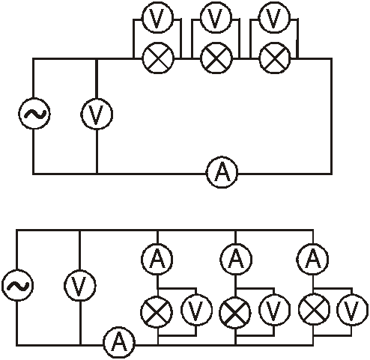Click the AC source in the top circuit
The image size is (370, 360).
pos(34,114)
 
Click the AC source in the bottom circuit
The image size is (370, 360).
pos(17,285)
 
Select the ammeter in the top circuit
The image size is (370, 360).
pos(222,173)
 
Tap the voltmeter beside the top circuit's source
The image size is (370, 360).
pos(97,114)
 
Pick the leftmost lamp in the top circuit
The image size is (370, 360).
pos(157,58)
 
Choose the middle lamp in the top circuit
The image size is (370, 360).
pos(216,58)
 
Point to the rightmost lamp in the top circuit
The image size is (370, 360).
pos(275,58)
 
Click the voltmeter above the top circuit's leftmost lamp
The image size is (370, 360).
pos(157,17)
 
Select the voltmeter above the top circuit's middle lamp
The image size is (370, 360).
pos(216,17)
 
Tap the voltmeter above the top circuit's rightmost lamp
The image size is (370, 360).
pos(275,17)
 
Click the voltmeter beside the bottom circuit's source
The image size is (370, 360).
pos(80,285)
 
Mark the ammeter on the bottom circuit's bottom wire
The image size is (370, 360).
pos(119,342)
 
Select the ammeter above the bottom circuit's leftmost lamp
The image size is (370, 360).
pos(157,259)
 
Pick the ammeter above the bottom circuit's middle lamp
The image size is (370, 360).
pos(235,259)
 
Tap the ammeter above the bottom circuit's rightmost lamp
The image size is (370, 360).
pos(312,259)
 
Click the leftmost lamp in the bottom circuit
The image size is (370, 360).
pos(157,311)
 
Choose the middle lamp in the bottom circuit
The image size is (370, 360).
pos(235,311)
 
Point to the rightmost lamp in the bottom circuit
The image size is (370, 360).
pos(315,310)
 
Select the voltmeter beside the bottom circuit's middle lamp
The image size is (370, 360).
pos(274,310)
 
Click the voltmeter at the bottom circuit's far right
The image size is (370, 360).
pos(352,310)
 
